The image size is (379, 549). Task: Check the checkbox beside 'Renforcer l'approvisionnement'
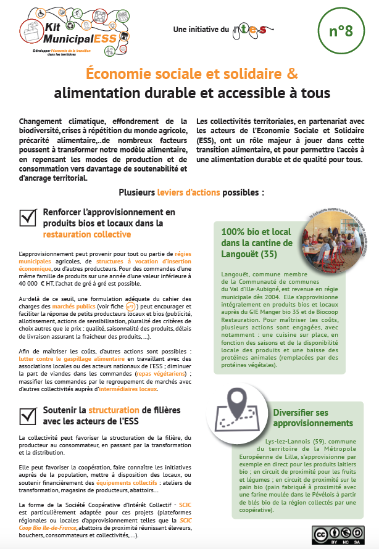click(28, 217)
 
